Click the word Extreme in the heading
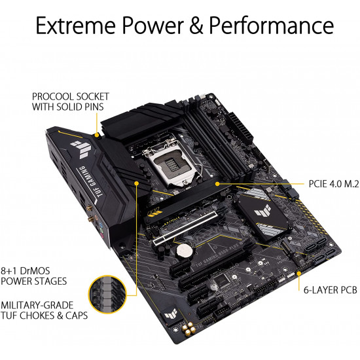75,26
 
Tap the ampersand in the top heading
196,26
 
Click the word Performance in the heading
271,26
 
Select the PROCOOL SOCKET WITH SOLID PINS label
70,101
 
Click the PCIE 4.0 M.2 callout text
334,184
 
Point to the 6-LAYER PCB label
331,290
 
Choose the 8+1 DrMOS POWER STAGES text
34,276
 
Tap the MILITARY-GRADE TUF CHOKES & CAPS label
44,310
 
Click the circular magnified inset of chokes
107,295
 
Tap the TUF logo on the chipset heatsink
262,210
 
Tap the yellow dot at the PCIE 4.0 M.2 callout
217,184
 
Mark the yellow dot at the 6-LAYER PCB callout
299,273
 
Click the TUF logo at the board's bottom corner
171,313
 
